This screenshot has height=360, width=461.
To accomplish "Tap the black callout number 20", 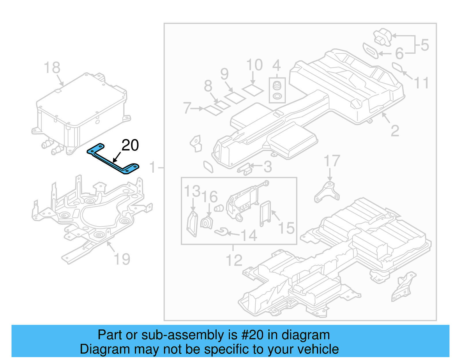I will [x=130, y=145].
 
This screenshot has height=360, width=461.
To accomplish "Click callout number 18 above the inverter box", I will [x=52, y=68].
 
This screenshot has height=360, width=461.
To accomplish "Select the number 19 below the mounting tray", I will [x=122, y=259].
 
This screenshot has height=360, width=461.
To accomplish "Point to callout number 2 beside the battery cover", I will [x=395, y=131].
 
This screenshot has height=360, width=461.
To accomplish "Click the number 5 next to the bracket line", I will [x=425, y=45].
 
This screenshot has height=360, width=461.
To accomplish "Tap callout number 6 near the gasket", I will [x=399, y=53].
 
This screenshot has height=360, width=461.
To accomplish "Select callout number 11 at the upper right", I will [x=421, y=83].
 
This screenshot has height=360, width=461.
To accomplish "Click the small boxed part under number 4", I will [x=277, y=90].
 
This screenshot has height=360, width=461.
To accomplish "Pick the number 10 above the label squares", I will [x=254, y=65].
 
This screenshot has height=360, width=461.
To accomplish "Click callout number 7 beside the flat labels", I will [x=187, y=108].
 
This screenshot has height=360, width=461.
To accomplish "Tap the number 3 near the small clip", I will [x=268, y=167].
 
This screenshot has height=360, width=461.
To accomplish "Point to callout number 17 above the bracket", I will [x=332, y=161].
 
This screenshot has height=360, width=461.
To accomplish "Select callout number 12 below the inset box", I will [x=234, y=261].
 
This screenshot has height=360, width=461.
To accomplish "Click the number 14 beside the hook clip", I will [x=249, y=235].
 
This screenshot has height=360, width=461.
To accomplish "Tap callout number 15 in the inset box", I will [x=286, y=228].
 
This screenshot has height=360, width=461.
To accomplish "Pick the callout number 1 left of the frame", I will [x=153, y=167].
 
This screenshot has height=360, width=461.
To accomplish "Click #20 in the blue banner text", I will [x=252, y=335].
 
